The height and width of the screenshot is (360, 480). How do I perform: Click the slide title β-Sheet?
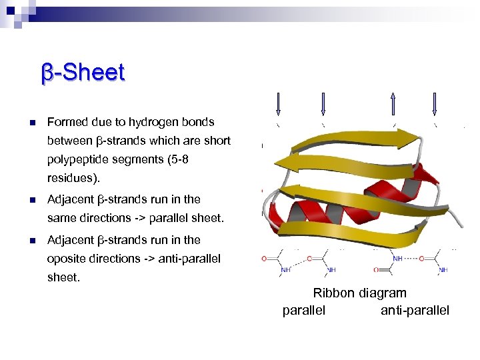click(x=83, y=73)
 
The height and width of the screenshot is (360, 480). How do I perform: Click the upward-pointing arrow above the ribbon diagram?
click(x=393, y=103)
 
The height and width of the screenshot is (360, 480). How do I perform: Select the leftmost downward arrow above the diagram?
click(x=278, y=103)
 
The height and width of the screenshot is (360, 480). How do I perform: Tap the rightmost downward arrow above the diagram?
click(x=435, y=103)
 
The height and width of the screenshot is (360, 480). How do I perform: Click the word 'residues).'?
click(x=71, y=179)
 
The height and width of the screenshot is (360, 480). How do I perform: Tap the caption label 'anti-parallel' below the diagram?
click(x=415, y=310)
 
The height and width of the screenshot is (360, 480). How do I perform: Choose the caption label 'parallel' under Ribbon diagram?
click(x=304, y=310)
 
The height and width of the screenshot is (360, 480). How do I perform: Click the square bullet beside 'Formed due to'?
click(x=31, y=123)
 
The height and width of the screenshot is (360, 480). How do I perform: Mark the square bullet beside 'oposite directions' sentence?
click(x=31, y=240)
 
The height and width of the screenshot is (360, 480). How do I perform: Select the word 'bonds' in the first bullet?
click(x=199, y=122)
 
